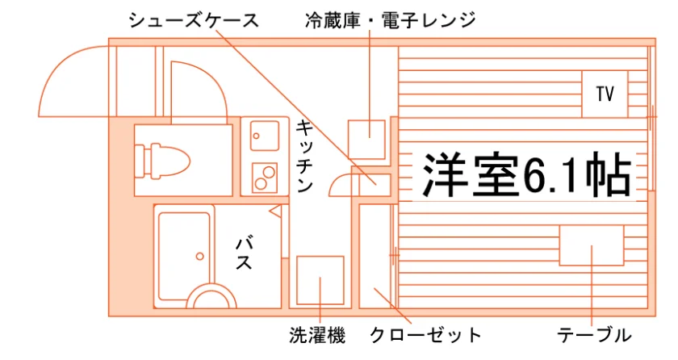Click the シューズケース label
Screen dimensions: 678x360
(x=193, y=20)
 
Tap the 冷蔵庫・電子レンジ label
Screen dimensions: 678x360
(x=390, y=20)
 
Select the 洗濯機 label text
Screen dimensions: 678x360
(x=318, y=335)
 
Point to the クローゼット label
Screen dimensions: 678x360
(x=425, y=335)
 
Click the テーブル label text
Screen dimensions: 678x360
(x=594, y=335)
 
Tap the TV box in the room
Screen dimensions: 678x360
(x=605, y=94)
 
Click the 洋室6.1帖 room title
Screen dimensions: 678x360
(x=526, y=174)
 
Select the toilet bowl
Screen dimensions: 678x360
(x=162, y=161)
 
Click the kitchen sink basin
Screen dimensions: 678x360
(x=264, y=136)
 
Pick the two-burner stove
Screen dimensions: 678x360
(x=264, y=178)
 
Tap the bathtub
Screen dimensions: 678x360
(x=184, y=257)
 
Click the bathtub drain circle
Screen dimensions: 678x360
(x=200, y=257)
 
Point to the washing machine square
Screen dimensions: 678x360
(x=320, y=280)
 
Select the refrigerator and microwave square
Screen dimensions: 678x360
(x=366, y=140)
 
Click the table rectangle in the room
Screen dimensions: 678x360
(x=592, y=245)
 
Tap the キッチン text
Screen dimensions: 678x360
(x=304, y=157)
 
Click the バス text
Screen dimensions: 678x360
(x=245, y=253)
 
